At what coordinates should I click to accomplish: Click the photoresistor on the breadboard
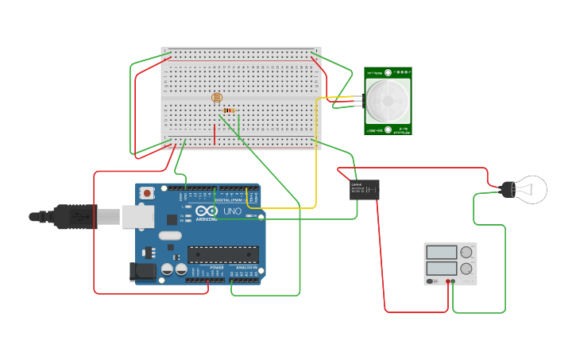(x=215, y=98)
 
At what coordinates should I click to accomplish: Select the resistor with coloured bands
(x=230, y=110)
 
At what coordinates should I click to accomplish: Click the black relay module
(x=365, y=189)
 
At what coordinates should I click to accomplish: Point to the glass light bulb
(x=531, y=189)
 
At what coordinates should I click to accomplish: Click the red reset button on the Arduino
(x=147, y=193)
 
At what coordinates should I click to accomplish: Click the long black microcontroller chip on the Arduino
(x=222, y=254)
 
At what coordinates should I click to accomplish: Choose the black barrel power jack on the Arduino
(x=142, y=271)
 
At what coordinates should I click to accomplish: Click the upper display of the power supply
(x=442, y=253)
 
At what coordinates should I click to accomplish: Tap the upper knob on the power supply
(x=466, y=253)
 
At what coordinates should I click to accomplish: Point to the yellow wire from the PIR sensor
(x=316, y=159)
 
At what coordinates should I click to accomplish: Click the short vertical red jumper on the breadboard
(x=214, y=134)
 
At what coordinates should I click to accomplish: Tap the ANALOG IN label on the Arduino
(x=246, y=269)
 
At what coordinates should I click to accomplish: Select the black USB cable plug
(x=75, y=216)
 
